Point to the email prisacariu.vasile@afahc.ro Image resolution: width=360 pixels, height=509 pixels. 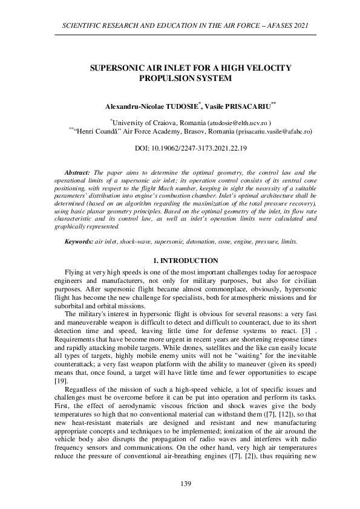click(x=275, y=131)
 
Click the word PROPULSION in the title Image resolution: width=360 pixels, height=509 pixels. click(x=165, y=79)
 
